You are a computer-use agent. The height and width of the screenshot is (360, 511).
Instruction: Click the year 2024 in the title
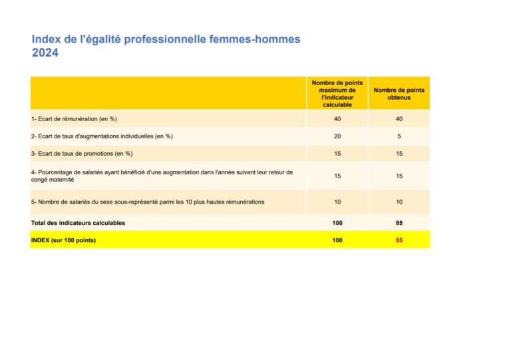click(x=45, y=53)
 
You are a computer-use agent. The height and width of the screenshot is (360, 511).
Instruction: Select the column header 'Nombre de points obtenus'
click(x=399, y=94)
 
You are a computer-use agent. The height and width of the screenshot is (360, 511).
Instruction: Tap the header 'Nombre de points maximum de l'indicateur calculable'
click(x=337, y=93)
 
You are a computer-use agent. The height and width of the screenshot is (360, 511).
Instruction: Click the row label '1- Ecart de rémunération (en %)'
click(x=74, y=119)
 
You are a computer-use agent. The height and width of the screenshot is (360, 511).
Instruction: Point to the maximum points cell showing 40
click(x=337, y=119)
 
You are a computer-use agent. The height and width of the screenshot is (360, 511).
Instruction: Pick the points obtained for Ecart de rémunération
click(x=399, y=119)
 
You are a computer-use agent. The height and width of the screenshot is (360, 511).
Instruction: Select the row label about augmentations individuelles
click(x=102, y=136)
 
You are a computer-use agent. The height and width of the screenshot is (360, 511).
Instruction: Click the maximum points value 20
click(x=337, y=136)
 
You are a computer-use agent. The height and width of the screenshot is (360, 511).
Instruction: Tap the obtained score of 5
click(x=399, y=136)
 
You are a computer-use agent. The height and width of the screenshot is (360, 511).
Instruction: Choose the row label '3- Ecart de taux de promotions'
click(x=82, y=154)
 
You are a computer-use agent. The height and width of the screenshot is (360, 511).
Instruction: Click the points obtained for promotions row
click(x=399, y=154)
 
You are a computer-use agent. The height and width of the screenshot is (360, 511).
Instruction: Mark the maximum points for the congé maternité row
click(x=337, y=176)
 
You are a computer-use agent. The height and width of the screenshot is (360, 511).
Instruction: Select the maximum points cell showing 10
click(x=337, y=202)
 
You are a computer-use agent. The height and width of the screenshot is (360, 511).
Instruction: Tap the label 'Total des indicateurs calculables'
click(x=78, y=223)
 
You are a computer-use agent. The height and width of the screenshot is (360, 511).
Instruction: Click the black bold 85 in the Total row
click(x=399, y=223)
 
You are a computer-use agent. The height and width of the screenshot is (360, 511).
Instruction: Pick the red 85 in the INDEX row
click(x=399, y=240)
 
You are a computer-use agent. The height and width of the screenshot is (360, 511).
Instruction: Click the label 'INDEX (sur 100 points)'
click(x=63, y=240)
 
